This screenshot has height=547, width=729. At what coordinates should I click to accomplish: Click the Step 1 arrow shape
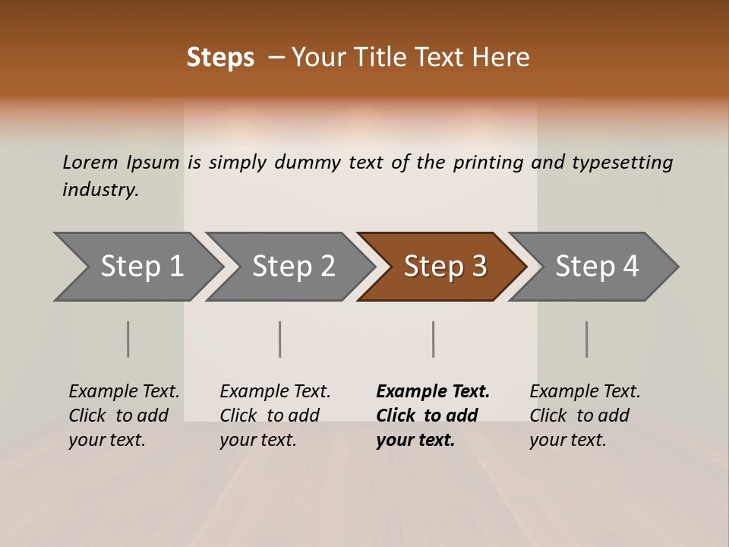141,267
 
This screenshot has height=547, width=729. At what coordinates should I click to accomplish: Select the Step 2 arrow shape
293,267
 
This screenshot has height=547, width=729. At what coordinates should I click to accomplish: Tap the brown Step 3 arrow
445,267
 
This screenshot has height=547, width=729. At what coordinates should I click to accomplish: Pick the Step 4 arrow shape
597,267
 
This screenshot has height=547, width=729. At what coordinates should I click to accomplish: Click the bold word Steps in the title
220,58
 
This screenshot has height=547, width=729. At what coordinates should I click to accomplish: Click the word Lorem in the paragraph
90,162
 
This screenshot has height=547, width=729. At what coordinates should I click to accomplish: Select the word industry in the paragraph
99,189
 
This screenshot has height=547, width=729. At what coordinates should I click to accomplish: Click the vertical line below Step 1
128,339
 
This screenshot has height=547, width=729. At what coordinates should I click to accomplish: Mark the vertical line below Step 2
280,339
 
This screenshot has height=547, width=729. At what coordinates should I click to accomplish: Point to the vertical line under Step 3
434,339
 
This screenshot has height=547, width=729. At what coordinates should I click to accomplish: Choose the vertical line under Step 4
587,339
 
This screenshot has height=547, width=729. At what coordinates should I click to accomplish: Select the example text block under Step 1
124,416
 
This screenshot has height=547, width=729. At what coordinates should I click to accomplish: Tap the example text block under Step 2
275,416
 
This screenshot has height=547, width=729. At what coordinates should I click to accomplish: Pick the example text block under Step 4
585,416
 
